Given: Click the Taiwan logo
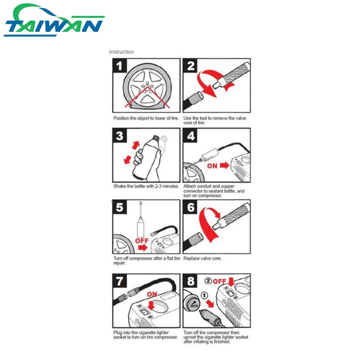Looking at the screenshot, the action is (x=54, y=20).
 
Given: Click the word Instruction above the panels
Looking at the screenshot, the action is (x=121, y=52).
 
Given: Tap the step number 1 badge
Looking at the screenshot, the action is (x=120, y=66).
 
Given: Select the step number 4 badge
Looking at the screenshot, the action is (x=190, y=136).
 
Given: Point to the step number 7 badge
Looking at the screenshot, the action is (x=120, y=281).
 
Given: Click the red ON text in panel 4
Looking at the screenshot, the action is (x=212, y=166).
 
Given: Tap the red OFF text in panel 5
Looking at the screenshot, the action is (x=141, y=240).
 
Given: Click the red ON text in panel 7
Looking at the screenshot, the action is (x=152, y=294).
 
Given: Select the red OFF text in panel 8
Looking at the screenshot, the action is (x=220, y=281).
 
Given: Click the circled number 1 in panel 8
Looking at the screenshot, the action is (x=204, y=296).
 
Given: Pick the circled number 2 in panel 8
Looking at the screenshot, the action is (x=208, y=281).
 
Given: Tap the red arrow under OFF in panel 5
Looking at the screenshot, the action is (x=143, y=248).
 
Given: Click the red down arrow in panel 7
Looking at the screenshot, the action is (x=151, y=306).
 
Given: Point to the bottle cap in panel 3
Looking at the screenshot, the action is (x=156, y=138).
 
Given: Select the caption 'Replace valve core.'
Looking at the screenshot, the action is (x=202, y=258).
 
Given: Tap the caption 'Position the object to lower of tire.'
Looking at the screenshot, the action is (x=146, y=118).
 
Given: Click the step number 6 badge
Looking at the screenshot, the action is (x=190, y=207).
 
